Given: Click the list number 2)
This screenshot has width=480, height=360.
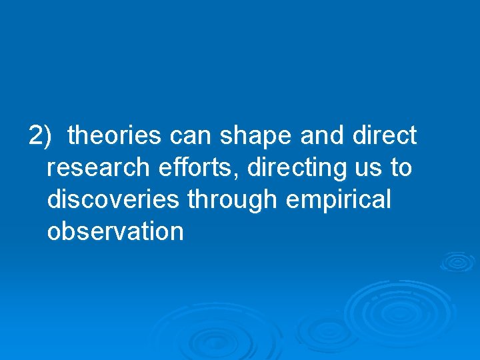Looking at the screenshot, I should [x=40, y=135].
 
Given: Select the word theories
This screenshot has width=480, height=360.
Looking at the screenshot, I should [x=115, y=135].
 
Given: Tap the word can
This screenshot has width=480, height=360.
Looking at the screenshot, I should [x=192, y=135].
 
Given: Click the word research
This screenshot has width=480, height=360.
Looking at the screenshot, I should [x=97, y=167].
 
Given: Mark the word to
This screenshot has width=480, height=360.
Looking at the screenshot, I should [x=401, y=168].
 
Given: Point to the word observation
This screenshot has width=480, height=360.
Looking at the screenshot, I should [x=115, y=231].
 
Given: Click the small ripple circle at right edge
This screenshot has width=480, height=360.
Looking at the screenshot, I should [x=457, y=261].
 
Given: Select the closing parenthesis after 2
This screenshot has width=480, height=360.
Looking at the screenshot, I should [x=47, y=136].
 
